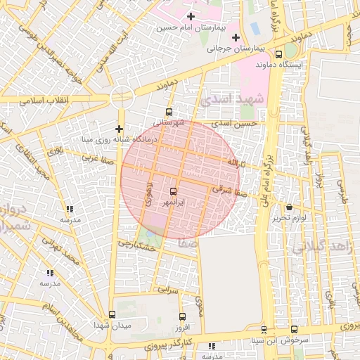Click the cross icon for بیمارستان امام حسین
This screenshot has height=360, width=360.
point(191,16)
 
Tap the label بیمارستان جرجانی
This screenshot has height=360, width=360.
point(238,49)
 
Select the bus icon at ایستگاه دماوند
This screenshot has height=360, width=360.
point(279,54)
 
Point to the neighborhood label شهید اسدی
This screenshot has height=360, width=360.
point(232,99)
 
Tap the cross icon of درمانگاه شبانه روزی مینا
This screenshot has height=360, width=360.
point(119,129)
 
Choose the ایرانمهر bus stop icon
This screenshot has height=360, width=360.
point(174,191)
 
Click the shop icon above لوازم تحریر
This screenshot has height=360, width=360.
point(290,207)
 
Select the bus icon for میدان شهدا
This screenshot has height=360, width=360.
point(112,314)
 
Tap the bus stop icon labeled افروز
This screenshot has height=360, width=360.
point(182,317)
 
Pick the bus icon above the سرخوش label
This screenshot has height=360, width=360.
point(294,329)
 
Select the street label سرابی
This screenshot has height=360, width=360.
point(169,289)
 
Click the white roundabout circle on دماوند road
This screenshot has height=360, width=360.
point(122,97)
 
